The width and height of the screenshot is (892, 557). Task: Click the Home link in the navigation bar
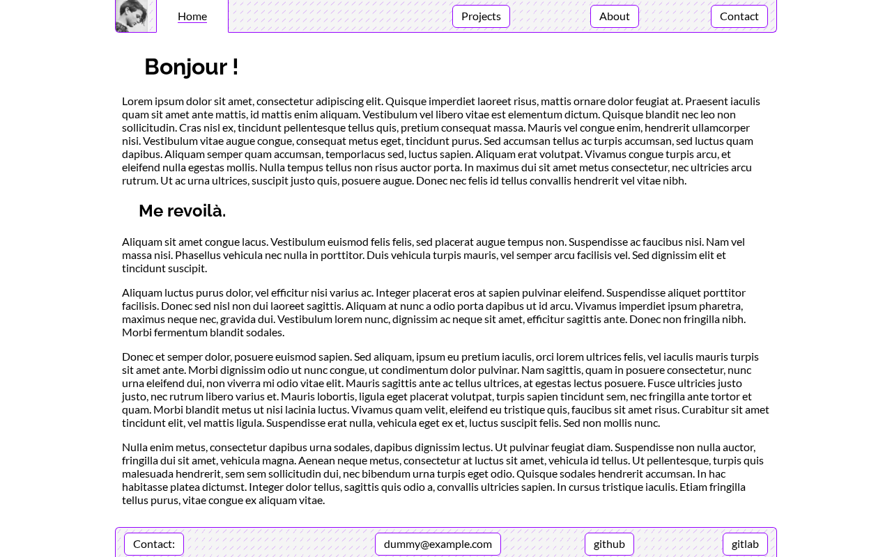pos(192,16)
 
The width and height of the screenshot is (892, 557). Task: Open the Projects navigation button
pos(481,16)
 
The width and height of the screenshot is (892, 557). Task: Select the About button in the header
pos(614,16)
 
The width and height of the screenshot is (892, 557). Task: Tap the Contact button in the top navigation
pos(739,16)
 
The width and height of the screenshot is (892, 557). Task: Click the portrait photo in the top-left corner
pos(132,15)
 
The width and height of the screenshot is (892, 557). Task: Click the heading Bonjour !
pos(191,67)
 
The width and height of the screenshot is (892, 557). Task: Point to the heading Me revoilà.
pos(182,211)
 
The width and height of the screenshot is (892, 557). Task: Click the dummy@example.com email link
pos(438,544)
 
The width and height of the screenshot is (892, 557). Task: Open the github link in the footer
pos(609,544)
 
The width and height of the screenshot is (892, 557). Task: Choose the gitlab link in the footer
pos(745,544)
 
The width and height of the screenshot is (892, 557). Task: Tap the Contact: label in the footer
pos(154,544)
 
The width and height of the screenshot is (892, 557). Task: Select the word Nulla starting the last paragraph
pos(136,447)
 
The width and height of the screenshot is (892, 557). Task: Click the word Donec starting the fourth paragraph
pos(137,356)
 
